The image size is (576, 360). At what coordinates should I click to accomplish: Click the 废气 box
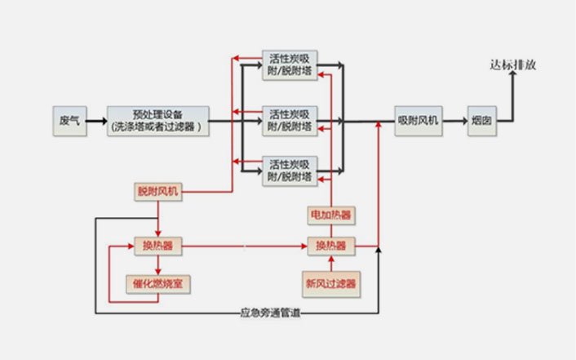tap(69, 120)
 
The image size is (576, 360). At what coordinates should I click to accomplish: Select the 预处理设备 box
tap(158, 120)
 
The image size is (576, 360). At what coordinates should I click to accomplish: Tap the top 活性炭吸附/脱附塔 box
tap(290, 65)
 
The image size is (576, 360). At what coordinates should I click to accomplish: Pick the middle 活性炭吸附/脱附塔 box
tap(290, 120)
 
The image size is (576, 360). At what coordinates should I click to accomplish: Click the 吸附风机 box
tap(418, 120)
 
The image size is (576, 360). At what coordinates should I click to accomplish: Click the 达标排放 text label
tap(513, 65)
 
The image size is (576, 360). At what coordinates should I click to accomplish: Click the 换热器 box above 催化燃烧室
tap(157, 246)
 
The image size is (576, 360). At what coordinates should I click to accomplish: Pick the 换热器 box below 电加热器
tap(330, 246)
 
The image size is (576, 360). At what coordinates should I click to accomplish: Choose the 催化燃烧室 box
tap(157, 283)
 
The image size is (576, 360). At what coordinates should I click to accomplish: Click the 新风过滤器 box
tap(330, 283)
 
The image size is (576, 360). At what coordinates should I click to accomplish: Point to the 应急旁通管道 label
tap(270, 311)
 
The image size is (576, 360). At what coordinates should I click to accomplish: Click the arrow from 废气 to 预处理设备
tap(97, 121)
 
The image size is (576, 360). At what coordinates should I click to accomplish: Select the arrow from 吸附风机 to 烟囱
tap(454, 121)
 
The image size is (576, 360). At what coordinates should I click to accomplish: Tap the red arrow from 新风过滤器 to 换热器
tap(330, 263)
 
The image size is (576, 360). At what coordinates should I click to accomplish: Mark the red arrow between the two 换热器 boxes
tap(245, 246)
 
